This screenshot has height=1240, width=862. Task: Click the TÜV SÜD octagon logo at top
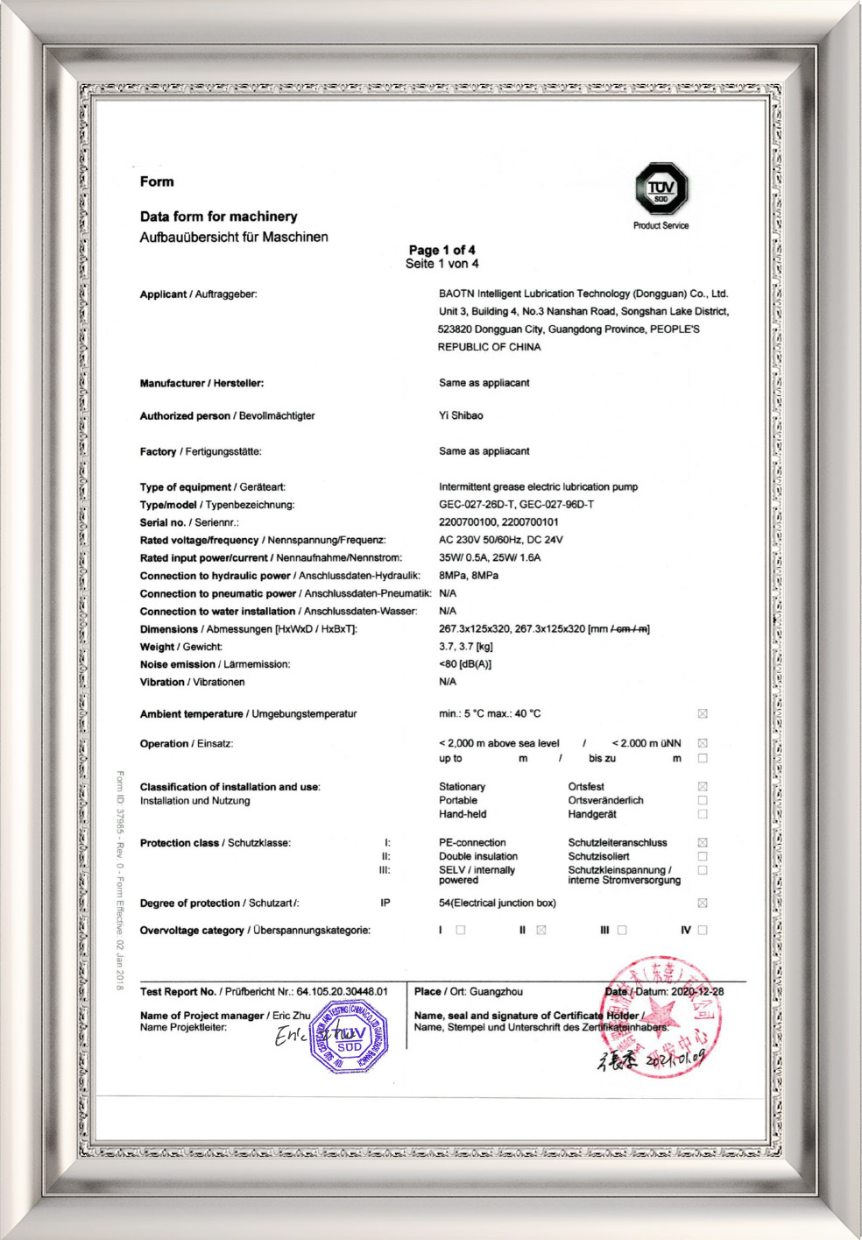(661, 188)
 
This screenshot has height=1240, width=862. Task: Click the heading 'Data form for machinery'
(218, 216)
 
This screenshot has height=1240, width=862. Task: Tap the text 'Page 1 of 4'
(442, 250)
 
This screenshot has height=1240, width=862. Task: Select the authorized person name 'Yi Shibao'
(461, 415)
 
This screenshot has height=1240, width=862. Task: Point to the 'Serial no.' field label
(163, 522)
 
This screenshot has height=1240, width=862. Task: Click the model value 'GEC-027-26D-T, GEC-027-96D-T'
(516, 505)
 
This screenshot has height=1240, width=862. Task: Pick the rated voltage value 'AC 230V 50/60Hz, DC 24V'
(500, 540)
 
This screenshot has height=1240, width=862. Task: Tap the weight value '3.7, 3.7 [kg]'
(465, 647)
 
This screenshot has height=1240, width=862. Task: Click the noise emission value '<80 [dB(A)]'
(464, 664)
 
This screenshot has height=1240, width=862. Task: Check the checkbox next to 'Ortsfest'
(703, 787)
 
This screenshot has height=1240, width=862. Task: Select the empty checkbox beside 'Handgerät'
(703, 814)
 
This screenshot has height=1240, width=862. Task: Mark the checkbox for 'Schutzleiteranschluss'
(703, 843)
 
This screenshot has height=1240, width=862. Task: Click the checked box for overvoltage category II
(541, 931)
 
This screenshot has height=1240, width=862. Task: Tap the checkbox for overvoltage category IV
(703, 931)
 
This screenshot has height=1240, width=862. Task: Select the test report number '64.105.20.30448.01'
(342, 992)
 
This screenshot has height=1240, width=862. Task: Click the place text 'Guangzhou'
(496, 992)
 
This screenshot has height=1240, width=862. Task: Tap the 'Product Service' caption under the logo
(661, 226)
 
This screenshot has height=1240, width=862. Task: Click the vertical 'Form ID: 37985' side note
(120, 880)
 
